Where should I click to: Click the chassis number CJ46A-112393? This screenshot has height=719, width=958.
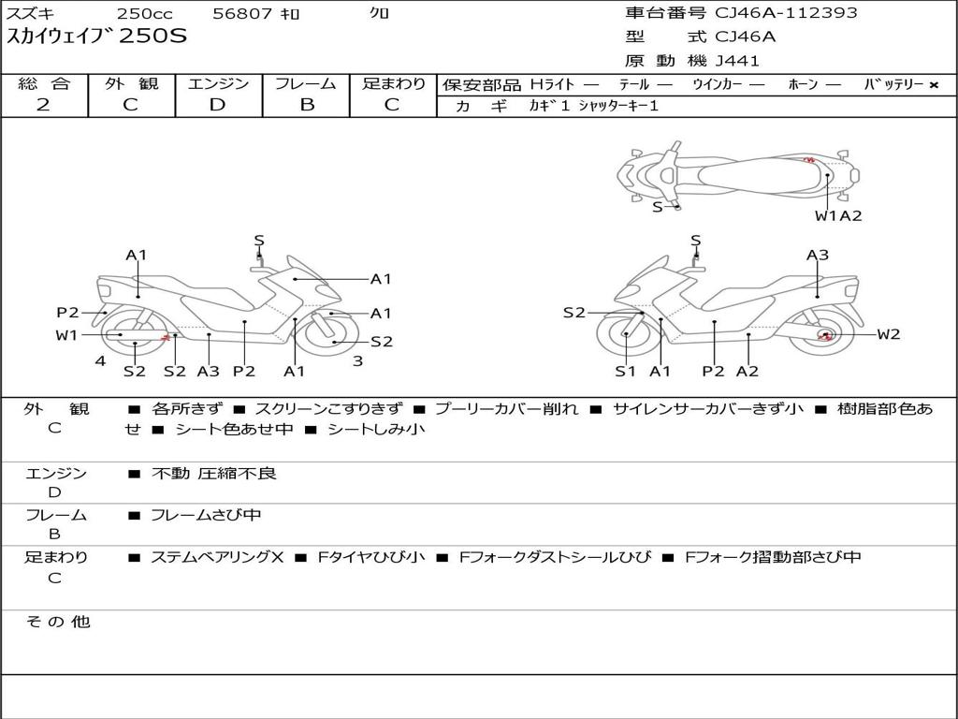point(786,12)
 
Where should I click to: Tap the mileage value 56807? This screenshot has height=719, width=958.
point(242,13)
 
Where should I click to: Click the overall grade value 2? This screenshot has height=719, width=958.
point(43,105)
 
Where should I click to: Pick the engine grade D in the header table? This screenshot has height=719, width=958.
point(217,105)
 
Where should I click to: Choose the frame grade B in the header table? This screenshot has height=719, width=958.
point(307,105)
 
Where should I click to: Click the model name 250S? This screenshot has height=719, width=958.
point(152,36)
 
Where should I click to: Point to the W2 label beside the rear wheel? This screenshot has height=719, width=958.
point(889,334)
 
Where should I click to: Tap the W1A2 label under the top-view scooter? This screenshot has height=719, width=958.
point(838,215)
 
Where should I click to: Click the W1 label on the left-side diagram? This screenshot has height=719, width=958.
point(66,335)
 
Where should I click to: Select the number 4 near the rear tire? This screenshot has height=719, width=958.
point(100,360)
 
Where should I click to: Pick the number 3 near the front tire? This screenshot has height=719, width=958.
point(358,360)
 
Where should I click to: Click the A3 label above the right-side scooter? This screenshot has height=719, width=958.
point(818,255)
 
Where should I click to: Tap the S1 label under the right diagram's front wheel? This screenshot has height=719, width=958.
point(625,371)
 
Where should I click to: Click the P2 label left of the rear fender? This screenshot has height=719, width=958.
point(67,313)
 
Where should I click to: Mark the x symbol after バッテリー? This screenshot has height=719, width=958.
point(934,85)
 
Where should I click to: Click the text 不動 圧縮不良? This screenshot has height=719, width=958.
point(214,473)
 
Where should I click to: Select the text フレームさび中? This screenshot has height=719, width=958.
point(206,515)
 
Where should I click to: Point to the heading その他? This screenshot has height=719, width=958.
point(58,622)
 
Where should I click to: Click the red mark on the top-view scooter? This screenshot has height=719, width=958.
point(809,160)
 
